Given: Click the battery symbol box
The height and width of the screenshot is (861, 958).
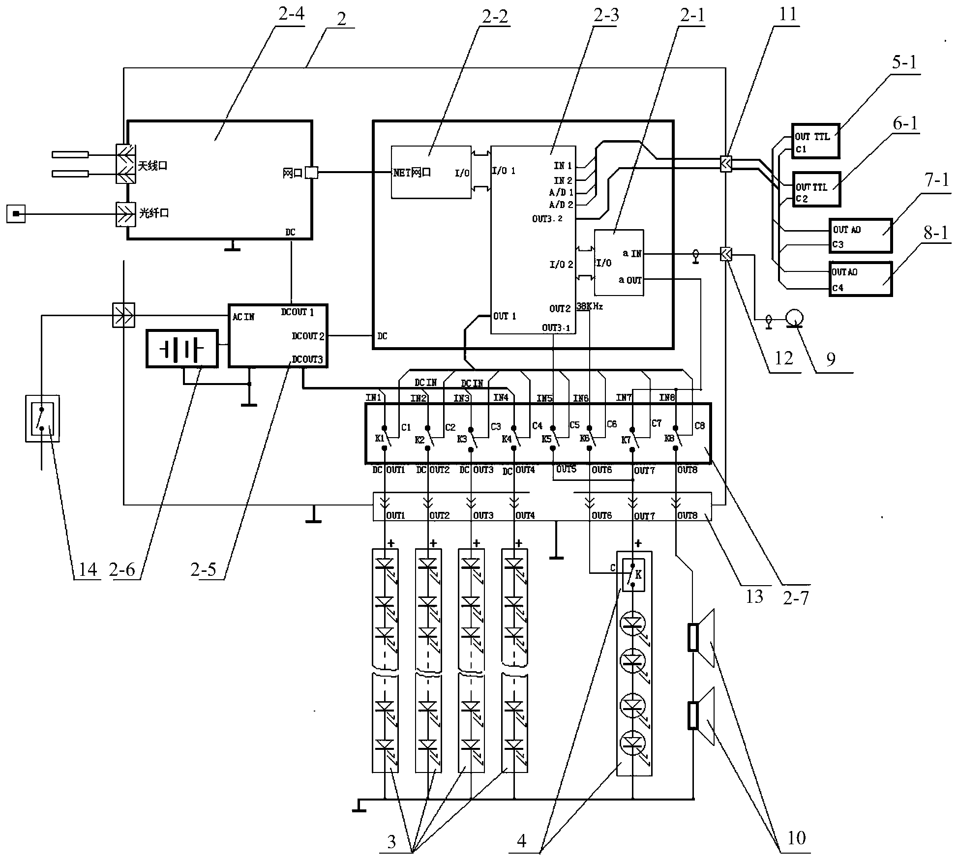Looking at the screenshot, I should [x=182, y=349].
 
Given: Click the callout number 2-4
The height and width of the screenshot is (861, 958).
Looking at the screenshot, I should [x=291, y=14].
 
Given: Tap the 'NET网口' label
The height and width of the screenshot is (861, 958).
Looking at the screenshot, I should [x=412, y=173].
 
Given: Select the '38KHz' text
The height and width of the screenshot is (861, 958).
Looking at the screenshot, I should [x=590, y=306].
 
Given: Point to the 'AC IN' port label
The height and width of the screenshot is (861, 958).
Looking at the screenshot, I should [x=243, y=317].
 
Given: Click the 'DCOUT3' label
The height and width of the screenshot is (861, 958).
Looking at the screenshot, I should [x=307, y=359].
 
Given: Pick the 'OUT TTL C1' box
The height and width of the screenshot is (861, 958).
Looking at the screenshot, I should [x=815, y=141].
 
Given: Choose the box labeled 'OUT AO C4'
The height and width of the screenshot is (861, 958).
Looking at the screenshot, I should [x=861, y=279].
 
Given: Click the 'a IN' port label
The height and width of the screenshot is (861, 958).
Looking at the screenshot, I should [x=632, y=254].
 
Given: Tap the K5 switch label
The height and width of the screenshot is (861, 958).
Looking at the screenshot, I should [x=546, y=439].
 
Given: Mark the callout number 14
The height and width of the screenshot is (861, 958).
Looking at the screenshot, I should [x=88, y=569].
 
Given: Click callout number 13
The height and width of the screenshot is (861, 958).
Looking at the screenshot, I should [x=754, y=596].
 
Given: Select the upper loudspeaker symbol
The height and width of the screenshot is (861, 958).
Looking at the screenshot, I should [x=702, y=638].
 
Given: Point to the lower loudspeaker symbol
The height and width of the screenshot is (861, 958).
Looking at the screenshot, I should [x=702, y=716].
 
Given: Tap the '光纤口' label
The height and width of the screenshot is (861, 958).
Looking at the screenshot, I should [x=154, y=213].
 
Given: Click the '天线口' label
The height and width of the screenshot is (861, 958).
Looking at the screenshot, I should [x=152, y=166].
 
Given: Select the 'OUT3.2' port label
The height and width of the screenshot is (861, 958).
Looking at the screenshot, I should [x=547, y=218].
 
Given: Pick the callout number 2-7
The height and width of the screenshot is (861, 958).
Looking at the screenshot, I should [x=796, y=597].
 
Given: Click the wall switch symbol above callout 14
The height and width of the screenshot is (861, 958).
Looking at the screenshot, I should [x=43, y=418].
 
